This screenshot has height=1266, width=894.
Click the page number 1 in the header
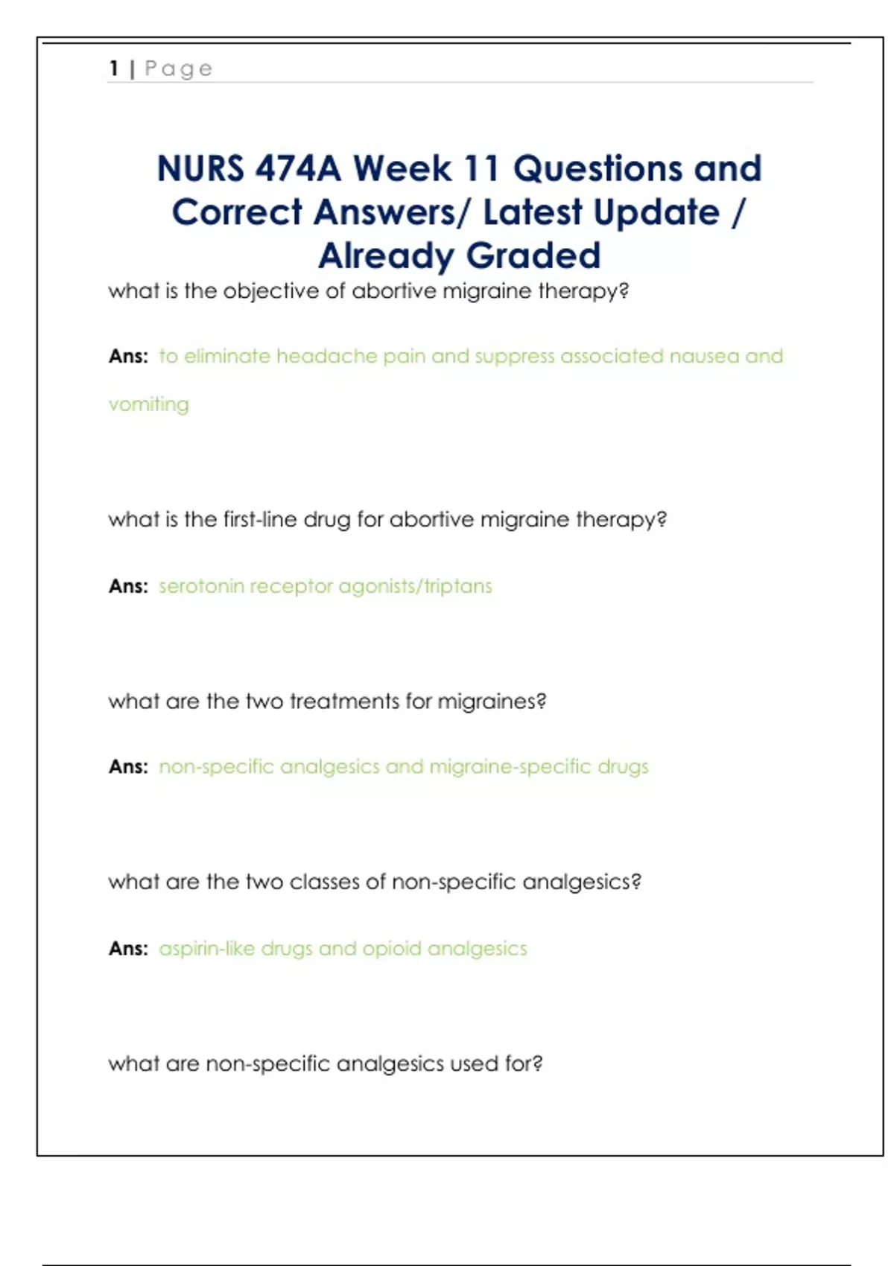[113, 69]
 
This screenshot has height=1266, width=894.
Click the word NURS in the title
[200, 169]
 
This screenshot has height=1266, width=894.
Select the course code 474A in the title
[298, 169]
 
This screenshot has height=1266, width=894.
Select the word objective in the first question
[271, 291]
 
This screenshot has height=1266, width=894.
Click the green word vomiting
[149, 404]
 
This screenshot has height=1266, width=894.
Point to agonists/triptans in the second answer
[415, 587]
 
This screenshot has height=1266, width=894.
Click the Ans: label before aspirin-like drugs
[128, 949]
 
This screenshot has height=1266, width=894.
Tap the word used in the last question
[474, 1063]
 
